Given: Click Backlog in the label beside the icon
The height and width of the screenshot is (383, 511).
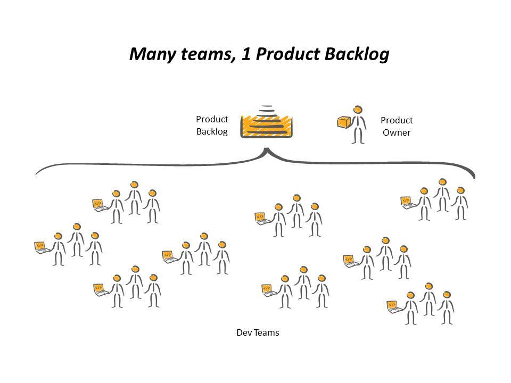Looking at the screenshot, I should (212, 132).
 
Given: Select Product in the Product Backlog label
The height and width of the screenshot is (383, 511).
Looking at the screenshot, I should (212, 119).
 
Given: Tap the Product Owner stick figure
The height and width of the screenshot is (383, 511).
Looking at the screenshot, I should (358, 124).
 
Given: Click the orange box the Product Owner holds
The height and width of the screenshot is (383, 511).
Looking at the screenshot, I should (343, 122).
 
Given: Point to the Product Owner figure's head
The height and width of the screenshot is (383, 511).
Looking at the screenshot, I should (359, 110).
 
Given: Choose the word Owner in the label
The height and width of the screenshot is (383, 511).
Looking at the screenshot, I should (397, 133).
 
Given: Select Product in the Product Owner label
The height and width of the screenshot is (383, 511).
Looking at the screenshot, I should (397, 120).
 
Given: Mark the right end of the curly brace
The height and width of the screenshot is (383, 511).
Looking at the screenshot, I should (474, 178).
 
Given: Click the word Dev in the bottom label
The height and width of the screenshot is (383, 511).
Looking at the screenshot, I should (243, 333).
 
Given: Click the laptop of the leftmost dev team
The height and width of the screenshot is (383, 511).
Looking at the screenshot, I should (40, 246).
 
